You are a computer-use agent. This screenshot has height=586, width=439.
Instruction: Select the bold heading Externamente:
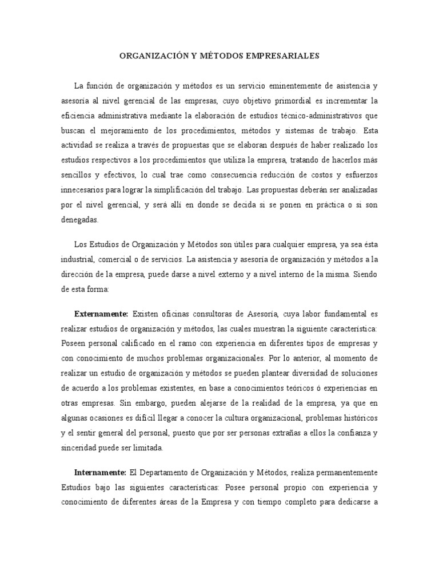tap(102, 314)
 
